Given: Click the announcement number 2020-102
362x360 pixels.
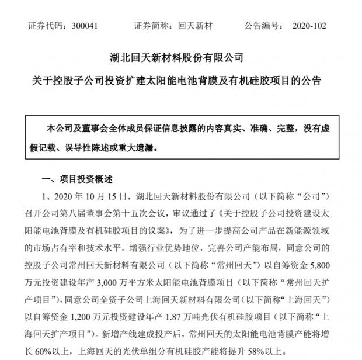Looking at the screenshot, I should (308, 26).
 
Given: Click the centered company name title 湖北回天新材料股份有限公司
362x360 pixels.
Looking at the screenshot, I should (181, 58).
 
